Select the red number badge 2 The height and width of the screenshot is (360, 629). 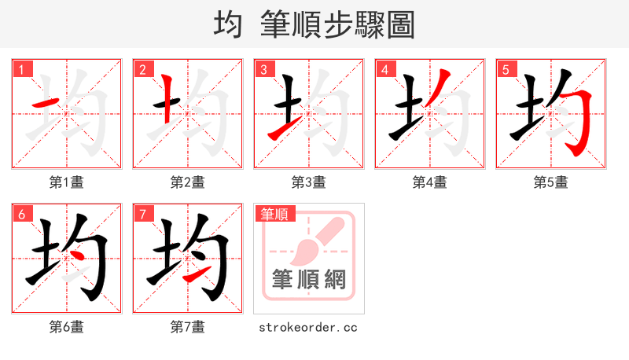(143, 69)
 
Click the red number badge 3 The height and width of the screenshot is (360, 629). (264, 69)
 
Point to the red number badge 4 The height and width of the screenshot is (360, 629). (385, 69)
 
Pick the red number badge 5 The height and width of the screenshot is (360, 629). (506, 69)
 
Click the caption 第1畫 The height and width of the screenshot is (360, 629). (67, 182)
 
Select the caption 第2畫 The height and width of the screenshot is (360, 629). (188, 182)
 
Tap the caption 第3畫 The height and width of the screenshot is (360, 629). (309, 182)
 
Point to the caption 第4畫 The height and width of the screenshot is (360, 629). (430, 182)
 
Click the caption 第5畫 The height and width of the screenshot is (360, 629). (551, 182)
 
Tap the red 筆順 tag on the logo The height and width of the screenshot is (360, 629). (274, 214)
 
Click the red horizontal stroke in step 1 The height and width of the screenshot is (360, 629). (45, 104)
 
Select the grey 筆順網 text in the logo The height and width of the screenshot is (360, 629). (308, 279)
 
